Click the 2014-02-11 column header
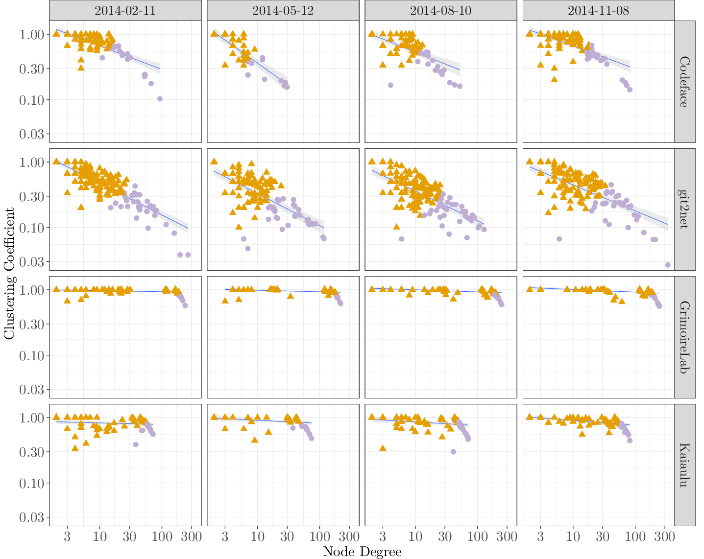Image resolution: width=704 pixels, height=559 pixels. click(x=125, y=10)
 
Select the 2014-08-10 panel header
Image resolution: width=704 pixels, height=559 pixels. click(x=440, y=10)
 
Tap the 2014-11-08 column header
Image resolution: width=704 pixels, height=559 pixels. click(x=598, y=10)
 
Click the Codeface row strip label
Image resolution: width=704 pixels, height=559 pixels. click(x=684, y=82)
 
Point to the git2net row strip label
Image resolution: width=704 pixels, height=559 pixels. click(x=684, y=210)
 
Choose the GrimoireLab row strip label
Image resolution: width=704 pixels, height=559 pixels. click(x=684, y=337)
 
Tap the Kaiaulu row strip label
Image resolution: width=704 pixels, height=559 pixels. click(x=684, y=465)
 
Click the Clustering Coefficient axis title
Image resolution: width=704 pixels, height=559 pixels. click(x=9, y=273)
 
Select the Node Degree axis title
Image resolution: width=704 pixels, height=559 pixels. click(x=362, y=552)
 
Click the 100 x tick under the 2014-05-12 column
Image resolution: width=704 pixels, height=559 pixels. click(x=319, y=536)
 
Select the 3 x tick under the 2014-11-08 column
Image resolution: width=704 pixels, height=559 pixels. click(x=540, y=536)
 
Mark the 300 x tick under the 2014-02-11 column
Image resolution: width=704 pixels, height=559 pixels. click(x=191, y=536)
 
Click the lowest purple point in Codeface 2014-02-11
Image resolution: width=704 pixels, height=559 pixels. click(x=160, y=99)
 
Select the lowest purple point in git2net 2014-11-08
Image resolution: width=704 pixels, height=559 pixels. click(x=668, y=265)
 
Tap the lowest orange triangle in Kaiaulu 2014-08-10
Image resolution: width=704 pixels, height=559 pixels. click(x=383, y=448)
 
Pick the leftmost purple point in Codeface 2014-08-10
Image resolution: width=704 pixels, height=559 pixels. click(x=390, y=85)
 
